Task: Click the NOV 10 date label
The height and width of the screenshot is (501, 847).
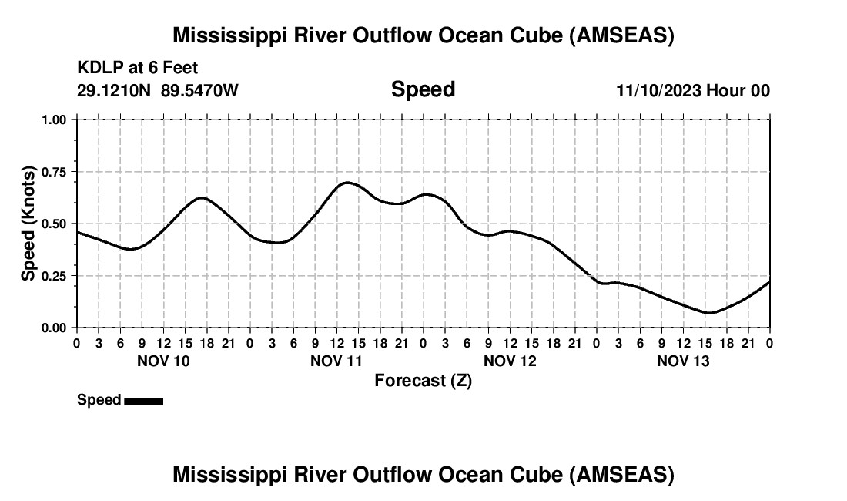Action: click(x=163, y=361)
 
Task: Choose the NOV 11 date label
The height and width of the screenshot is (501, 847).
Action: click(x=336, y=361)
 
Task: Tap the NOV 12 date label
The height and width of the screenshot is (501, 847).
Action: click(x=510, y=361)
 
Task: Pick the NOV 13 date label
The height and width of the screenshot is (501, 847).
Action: click(x=683, y=361)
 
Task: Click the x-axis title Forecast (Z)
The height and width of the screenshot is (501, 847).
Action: click(x=423, y=380)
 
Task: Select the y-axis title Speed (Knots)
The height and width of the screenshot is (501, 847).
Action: click(x=28, y=223)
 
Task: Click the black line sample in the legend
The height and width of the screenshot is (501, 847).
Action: click(x=143, y=401)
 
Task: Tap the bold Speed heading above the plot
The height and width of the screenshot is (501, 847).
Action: click(x=423, y=89)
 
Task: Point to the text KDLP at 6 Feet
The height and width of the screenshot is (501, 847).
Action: click(x=138, y=68)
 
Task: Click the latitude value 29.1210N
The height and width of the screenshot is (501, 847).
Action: click(x=115, y=90)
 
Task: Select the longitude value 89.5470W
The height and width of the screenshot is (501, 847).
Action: click(x=200, y=90)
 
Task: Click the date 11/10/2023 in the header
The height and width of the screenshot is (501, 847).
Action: click(x=658, y=90)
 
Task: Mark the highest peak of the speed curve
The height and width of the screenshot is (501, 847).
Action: click(x=347, y=183)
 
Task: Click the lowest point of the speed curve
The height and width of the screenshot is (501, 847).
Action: click(x=709, y=313)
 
